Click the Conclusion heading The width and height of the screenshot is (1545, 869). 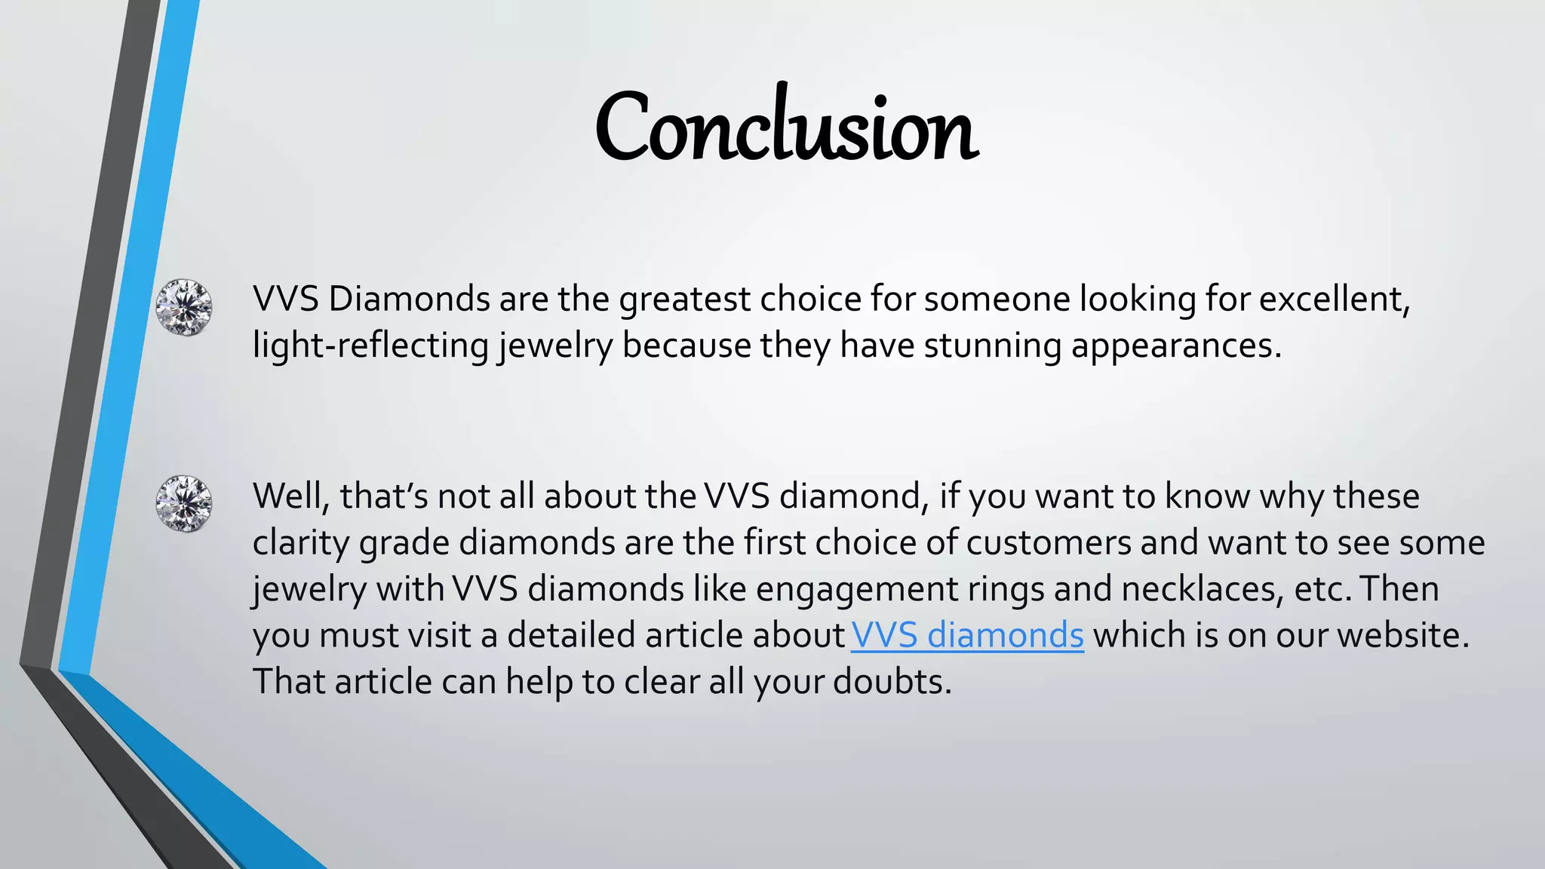(x=787, y=127)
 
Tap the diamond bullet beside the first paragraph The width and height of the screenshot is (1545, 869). (x=183, y=307)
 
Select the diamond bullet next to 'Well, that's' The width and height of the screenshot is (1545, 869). (x=183, y=503)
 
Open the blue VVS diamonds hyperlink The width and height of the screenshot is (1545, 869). (x=967, y=635)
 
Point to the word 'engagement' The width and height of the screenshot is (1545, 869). (x=856, y=589)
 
